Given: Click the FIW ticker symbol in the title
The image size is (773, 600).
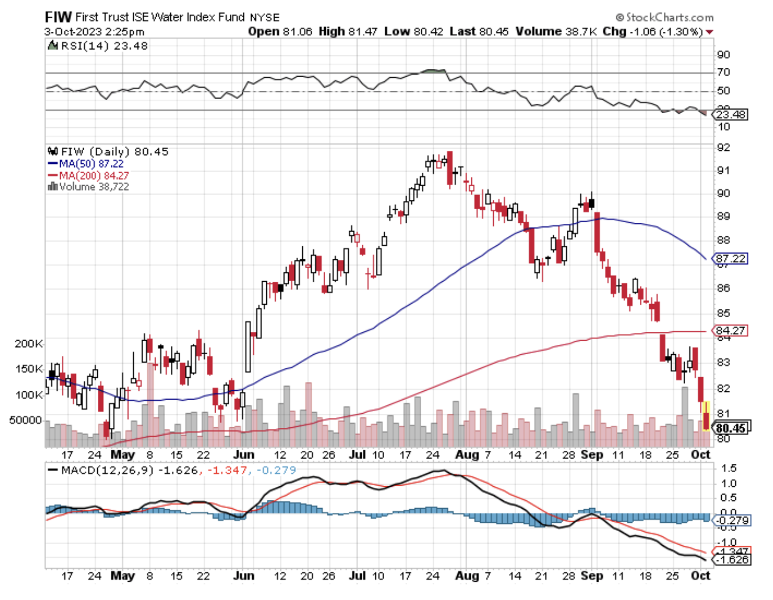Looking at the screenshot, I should pyautogui.click(x=58, y=17).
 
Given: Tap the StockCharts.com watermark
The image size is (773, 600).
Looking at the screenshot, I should pyautogui.click(x=664, y=17).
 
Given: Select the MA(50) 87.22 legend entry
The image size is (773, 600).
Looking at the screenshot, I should pyautogui.click(x=91, y=164).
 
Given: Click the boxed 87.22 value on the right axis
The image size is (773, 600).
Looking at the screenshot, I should pyautogui.click(x=731, y=259).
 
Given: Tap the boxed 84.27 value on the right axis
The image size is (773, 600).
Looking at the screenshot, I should pyautogui.click(x=731, y=331).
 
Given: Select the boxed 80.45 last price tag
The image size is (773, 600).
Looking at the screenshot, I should pyautogui.click(x=731, y=428).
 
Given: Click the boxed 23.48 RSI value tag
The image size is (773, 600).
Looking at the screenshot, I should pyautogui.click(x=731, y=114).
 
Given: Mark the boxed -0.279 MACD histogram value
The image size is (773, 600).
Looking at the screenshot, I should pyautogui.click(x=731, y=520).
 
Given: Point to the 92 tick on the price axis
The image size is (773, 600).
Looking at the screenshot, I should pyautogui.click(x=723, y=147).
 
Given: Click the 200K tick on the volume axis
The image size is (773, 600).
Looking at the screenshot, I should pyautogui.click(x=28, y=344).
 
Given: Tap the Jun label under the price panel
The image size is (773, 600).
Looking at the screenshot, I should pyautogui.click(x=243, y=454).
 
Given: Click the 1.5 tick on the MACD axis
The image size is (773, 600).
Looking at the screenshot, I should pyautogui.click(x=728, y=469).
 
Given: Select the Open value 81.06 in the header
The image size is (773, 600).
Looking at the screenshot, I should pyautogui.click(x=297, y=31).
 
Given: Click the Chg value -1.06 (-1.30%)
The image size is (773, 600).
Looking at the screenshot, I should pyautogui.click(x=666, y=31).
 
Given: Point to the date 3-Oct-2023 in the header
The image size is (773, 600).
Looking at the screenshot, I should pyautogui.click(x=68, y=32).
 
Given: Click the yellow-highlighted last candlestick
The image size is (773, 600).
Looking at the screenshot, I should pyautogui.click(x=705, y=416).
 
